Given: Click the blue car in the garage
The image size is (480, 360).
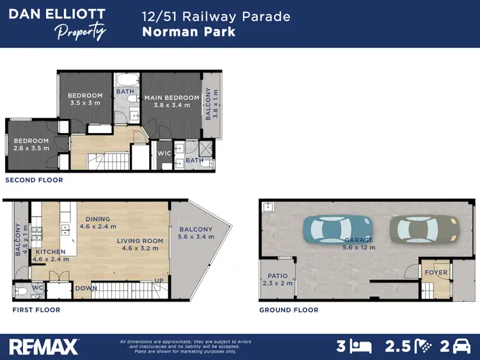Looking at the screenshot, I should (337, 228).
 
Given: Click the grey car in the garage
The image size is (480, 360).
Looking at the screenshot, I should (424, 228).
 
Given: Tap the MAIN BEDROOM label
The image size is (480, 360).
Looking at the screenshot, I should (172, 101).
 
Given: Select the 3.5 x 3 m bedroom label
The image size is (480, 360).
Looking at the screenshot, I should (85, 99).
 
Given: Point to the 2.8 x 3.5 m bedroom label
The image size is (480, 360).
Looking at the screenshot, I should (31, 144).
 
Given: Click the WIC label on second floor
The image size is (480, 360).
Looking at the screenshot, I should (164, 153).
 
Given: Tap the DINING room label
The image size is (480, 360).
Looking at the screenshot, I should (98, 223).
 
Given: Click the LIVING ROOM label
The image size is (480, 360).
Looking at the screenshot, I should (140, 244).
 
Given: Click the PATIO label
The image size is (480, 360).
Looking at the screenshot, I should (277, 279).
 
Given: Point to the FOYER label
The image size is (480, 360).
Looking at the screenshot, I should (435, 272).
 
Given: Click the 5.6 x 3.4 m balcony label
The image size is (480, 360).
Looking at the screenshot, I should (196, 233).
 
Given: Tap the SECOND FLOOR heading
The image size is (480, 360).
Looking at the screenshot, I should (34, 180).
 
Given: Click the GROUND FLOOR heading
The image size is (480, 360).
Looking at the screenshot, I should (289, 310).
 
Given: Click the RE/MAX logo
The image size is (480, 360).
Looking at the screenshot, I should (44, 347).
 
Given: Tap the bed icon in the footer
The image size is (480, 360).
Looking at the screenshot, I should (362, 347).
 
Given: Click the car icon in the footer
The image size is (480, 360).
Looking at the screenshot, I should (461, 347).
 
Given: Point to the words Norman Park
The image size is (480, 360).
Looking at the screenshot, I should (189, 31).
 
